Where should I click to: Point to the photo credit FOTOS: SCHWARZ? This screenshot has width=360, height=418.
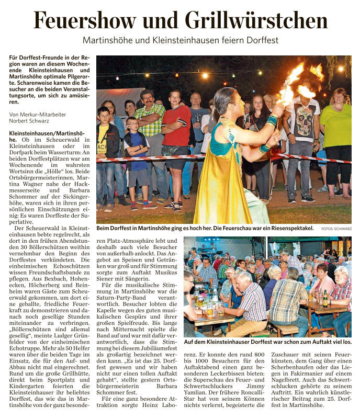(x=336, y=229)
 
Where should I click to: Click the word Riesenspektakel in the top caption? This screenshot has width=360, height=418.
(x=293, y=229)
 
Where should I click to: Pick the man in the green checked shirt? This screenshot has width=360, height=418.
(x=150, y=126)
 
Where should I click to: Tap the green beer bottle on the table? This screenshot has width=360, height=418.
(x=325, y=299)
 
